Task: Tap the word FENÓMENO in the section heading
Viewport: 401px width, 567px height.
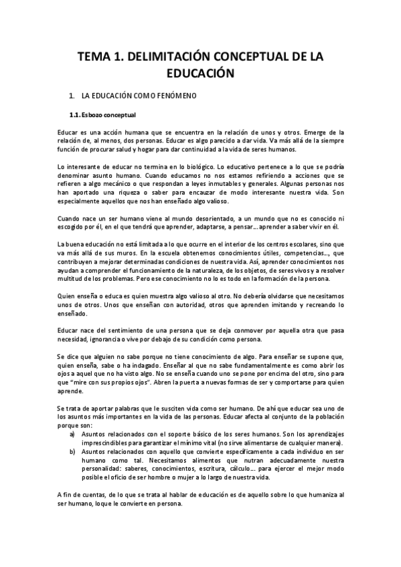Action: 176,96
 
